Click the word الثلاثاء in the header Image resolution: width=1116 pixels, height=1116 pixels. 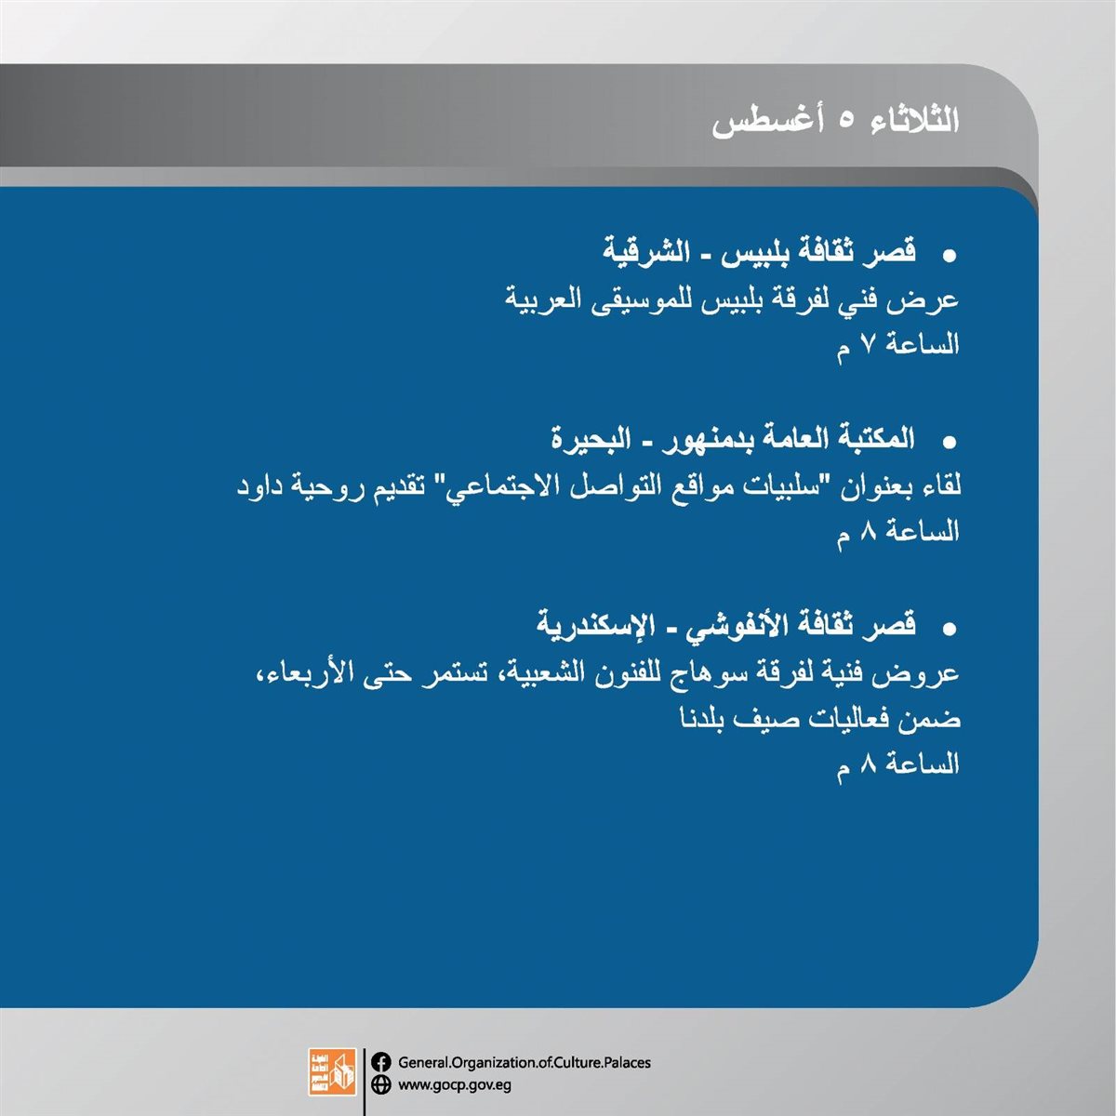pyautogui.click(x=914, y=121)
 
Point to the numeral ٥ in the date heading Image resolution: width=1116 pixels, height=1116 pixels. pyautogui.click(x=846, y=122)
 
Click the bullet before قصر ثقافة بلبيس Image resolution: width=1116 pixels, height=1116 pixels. pyautogui.click(x=949, y=256)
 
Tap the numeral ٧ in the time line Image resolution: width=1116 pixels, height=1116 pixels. pyautogui.click(x=867, y=346)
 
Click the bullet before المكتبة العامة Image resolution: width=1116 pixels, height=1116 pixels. pyautogui.click(x=949, y=443)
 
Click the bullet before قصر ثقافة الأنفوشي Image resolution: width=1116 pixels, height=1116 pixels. pyautogui.click(x=949, y=630)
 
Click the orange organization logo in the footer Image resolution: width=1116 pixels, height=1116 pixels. pyautogui.click(x=332, y=1071)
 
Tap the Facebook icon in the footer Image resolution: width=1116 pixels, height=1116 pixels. pyautogui.click(x=381, y=1062)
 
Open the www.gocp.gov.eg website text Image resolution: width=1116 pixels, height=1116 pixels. pyautogui.click(x=455, y=1084)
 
